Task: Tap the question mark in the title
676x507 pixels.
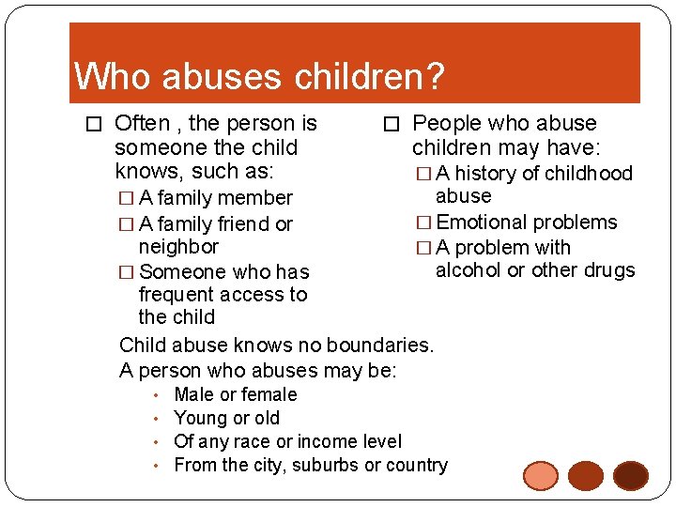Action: pos(435,76)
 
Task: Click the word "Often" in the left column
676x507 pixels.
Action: pos(142,123)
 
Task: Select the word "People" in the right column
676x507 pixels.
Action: pos(447,123)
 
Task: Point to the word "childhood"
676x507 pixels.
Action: pos(590,173)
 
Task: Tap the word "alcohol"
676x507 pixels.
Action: pos(469,270)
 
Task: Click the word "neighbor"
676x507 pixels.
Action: pos(178,247)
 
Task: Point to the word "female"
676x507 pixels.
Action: pos(269,394)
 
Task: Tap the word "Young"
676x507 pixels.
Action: pos(201,418)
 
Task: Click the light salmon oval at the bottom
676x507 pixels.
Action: pos(542,476)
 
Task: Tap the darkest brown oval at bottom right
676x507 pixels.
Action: pos(630,476)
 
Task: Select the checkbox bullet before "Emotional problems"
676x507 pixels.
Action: pos(423,223)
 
